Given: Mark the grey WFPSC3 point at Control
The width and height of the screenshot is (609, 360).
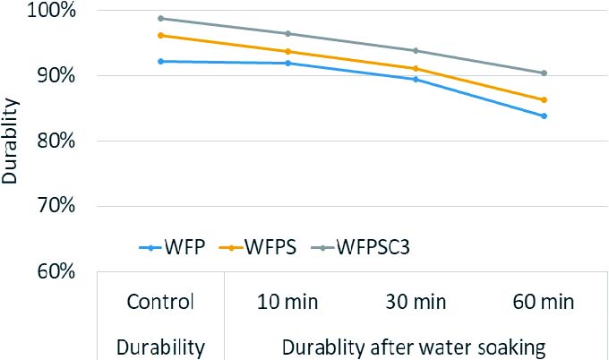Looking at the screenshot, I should click(160, 18).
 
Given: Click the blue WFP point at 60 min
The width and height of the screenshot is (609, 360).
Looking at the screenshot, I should click(544, 116).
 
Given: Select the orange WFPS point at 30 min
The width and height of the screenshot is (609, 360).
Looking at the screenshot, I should click(416, 68).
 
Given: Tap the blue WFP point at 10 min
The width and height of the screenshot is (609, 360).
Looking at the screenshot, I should click(287, 63).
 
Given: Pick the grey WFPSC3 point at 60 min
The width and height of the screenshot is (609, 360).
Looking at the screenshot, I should click(544, 73).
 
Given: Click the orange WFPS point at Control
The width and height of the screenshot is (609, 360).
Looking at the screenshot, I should click(160, 35).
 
